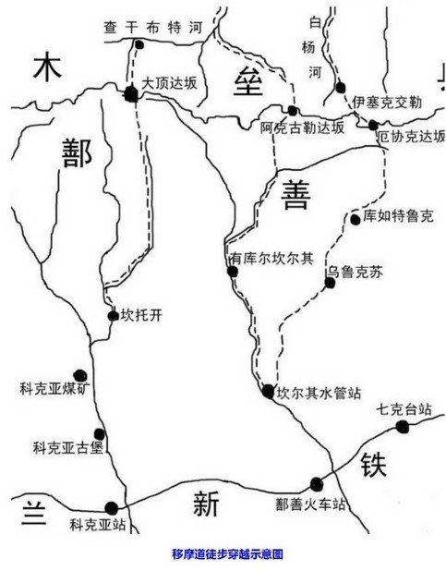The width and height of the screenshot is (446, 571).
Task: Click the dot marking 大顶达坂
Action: coord(131,94)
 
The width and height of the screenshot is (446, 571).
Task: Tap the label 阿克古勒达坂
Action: coord(302,128)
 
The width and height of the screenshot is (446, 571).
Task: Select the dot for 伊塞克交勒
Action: coord(341,88)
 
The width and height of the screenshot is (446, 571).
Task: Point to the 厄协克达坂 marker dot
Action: coord(373,125)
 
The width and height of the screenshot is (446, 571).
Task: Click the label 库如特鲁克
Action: coord(398,216)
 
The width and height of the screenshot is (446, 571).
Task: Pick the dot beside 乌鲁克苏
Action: coord(330,283)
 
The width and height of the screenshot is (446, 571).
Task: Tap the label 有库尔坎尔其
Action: coord(271,259)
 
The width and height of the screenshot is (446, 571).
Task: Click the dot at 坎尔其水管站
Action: coord(268,392)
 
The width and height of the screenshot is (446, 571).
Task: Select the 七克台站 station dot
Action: coord(403,427)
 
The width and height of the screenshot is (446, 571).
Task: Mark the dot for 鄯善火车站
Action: coord(317,484)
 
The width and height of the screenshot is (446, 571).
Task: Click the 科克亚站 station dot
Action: coord(112,508)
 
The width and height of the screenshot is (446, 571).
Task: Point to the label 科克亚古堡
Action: coord(68,448)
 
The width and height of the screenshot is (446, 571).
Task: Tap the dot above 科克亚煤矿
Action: coord(80,375)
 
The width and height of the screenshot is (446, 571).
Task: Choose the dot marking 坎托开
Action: coord(114,316)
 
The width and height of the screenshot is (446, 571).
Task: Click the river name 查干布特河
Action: coord(153,28)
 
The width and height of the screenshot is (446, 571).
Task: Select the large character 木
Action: coord(47,67)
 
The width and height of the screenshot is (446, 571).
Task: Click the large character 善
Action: coord(295,195)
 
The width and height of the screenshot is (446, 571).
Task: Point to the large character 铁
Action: coord(374,465)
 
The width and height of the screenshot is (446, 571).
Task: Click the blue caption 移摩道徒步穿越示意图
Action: coord(227,554)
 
